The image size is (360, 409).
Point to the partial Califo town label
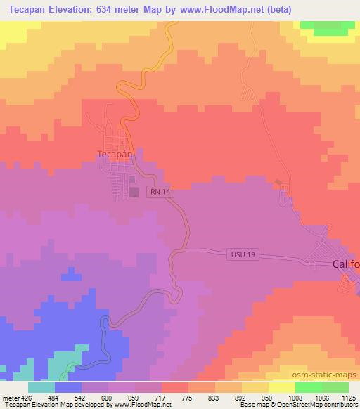pyautogui.click(x=345, y=264)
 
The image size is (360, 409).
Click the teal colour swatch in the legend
pyautogui.click(x=41, y=387)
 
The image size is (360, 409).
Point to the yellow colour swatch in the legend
pyautogui.click(x=281, y=387)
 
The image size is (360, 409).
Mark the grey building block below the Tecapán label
pyautogui.click(x=133, y=192)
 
